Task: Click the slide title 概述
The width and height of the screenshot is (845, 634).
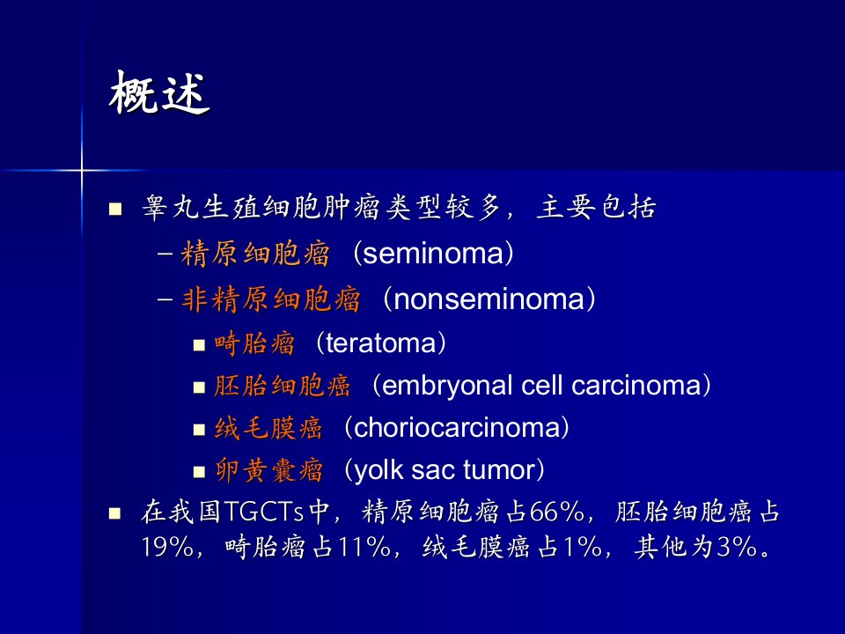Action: pyautogui.click(x=159, y=92)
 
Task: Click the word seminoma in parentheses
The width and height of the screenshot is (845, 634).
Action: pyautogui.click(x=434, y=254)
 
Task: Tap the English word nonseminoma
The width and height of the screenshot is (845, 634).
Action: pyautogui.click(x=489, y=299)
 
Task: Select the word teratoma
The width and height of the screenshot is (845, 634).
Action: pyautogui.click(x=380, y=343)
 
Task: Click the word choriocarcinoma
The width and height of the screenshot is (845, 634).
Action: pyautogui.click(x=457, y=428)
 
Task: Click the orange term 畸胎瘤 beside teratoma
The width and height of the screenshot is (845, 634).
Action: pyautogui.click(x=254, y=343)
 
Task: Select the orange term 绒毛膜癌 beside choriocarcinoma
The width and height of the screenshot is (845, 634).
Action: pyautogui.click(x=268, y=429)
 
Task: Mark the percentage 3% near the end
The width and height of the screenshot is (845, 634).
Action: pyautogui.click(x=738, y=547)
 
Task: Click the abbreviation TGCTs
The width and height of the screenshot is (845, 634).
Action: pyautogui.click(x=263, y=512)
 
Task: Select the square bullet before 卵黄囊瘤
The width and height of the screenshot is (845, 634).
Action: pyautogui.click(x=200, y=472)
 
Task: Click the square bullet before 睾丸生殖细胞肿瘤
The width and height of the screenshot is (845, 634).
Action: pyautogui.click(x=115, y=209)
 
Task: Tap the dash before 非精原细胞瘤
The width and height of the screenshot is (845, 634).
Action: pyautogui.click(x=165, y=299)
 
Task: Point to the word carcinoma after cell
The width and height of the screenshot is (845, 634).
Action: pyautogui.click(x=636, y=386)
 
